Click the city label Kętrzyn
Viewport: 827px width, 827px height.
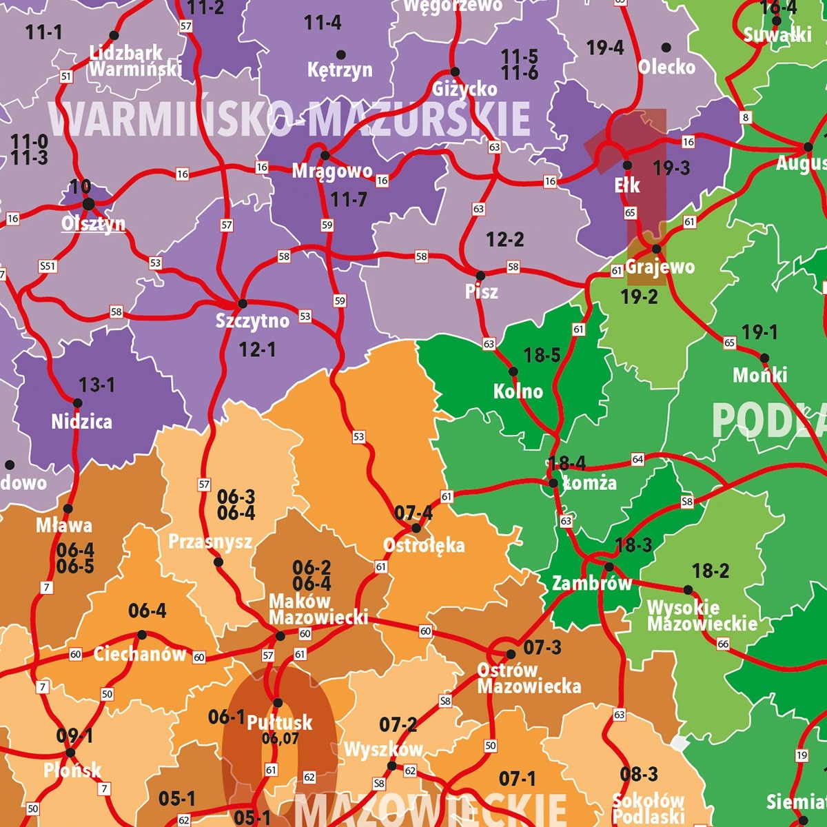click(340, 70)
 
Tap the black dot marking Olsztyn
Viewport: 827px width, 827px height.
click(88, 204)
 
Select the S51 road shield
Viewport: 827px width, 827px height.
click(47, 266)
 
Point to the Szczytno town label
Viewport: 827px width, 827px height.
click(252, 321)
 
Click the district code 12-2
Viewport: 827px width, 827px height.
click(504, 240)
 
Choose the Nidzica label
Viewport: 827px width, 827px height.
click(81, 421)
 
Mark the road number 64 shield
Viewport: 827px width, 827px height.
click(637, 459)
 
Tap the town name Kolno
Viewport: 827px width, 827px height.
click(518, 391)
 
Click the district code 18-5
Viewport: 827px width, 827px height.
click(542, 356)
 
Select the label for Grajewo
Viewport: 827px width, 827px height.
click(660, 267)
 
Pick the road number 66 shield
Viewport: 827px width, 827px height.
click(722, 644)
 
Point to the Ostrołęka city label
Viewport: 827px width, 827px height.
click(424, 546)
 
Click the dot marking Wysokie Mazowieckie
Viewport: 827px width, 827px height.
click(688, 590)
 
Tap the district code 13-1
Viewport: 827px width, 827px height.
click(96, 385)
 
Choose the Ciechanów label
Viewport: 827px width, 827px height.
click(140, 654)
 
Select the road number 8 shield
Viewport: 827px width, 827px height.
click(745, 117)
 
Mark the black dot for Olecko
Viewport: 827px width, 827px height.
click(666, 48)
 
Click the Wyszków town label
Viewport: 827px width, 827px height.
click(383, 749)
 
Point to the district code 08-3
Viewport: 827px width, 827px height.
click(638, 775)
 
